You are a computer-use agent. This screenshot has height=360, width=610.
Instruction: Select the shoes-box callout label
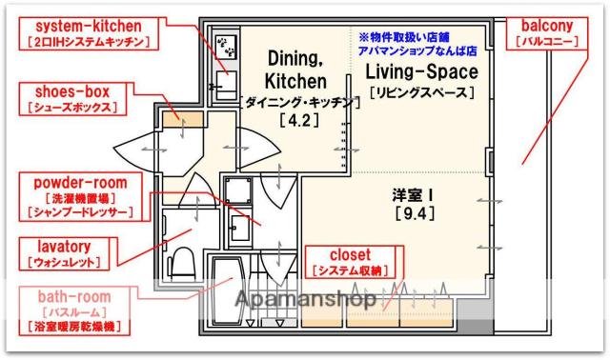[74, 99]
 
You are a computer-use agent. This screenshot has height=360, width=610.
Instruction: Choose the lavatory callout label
[63, 253]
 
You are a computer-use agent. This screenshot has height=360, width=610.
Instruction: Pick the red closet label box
[356, 262]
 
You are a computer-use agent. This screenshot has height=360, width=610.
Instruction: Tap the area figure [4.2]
[297, 121]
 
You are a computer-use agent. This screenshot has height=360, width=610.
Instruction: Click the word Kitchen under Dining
[297, 81]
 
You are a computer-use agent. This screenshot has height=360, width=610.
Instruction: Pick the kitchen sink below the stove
[227, 80]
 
